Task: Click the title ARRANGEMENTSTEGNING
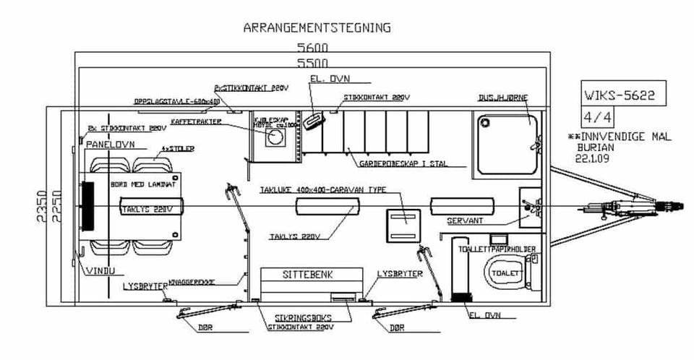tap(317, 28)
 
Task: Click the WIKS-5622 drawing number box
tap(622, 95)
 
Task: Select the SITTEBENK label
tap(312, 275)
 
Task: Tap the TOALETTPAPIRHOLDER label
tap(497, 249)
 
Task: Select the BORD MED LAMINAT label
tap(143, 185)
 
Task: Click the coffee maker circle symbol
tap(275, 137)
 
